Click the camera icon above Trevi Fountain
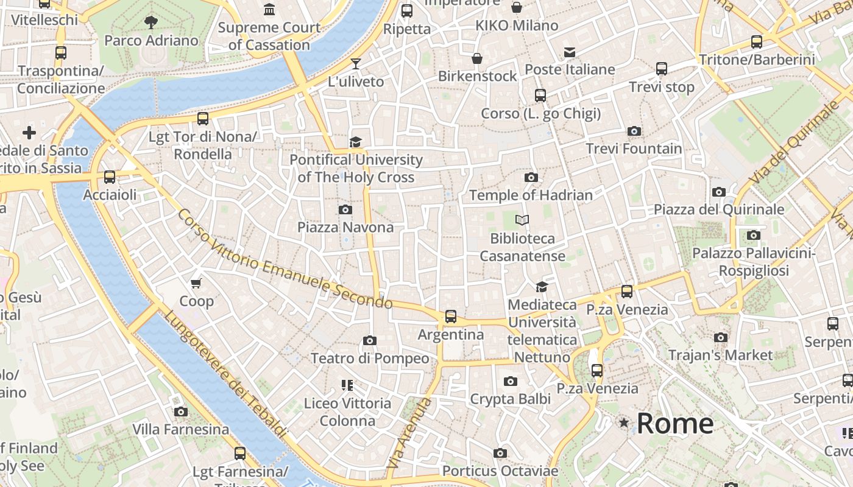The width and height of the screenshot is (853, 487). pyautogui.click(x=634, y=131)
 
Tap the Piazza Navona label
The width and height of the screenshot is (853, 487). pyautogui.click(x=345, y=227)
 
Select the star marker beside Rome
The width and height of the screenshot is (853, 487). pyautogui.click(x=623, y=422)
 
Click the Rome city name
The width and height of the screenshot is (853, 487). pyautogui.click(x=675, y=423)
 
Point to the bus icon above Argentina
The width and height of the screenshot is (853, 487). pyautogui.click(x=451, y=317)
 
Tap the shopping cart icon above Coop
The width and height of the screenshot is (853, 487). pyautogui.click(x=196, y=283)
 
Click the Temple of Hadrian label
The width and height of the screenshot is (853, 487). pyautogui.click(x=531, y=195)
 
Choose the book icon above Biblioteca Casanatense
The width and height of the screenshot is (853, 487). pyautogui.click(x=522, y=220)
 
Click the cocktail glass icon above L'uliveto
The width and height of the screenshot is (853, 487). pyautogui.click(x=356, y=64)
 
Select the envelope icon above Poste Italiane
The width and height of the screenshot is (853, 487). pyautogui.click(x=570, y=52)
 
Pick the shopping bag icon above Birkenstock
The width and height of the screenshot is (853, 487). pyautogui.click(x=477, y=58)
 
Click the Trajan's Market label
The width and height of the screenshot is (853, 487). pyautogui.click(x=720, y=355)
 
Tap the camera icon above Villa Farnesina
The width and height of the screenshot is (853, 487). pyautogui.click(x=180, y=412)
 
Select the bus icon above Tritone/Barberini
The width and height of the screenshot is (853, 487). pyautogui.click(x=757, y=42)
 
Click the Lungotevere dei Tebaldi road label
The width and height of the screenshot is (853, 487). pyautogui.click(x=225, y=374)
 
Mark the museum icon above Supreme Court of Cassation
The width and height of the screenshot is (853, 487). pyautogui.click(x=269, y=10)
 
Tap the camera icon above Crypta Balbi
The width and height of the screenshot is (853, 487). pyautogui.click(x=511, y=382)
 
